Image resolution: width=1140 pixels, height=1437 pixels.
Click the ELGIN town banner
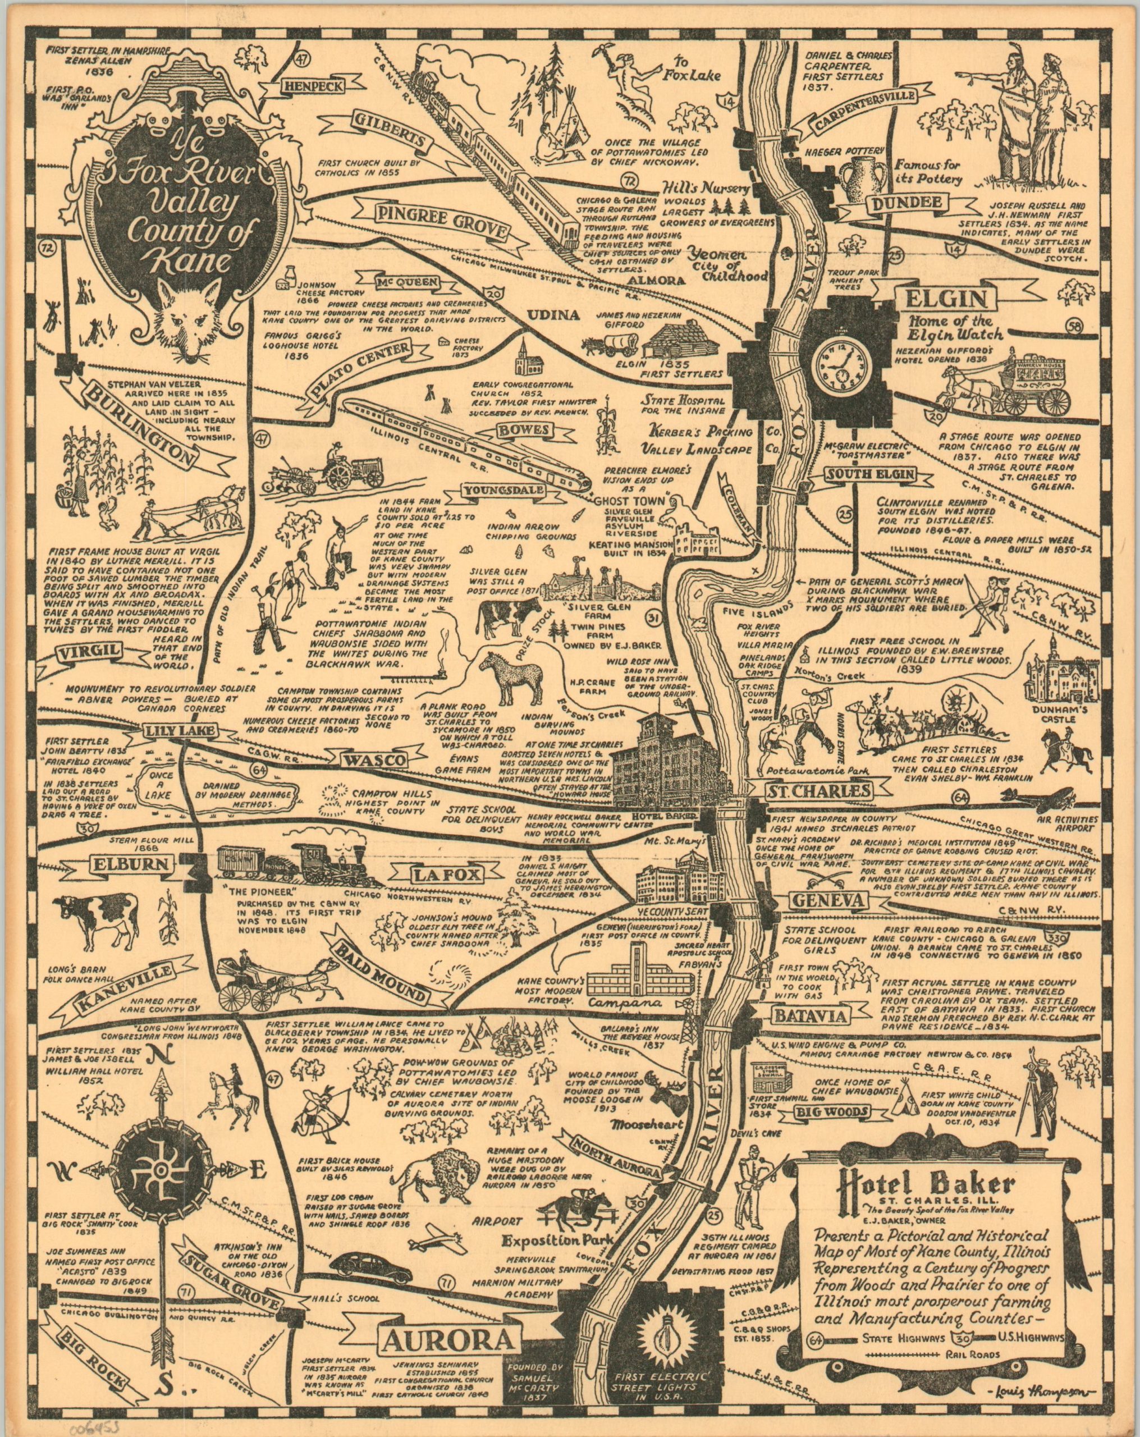point(931,298)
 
